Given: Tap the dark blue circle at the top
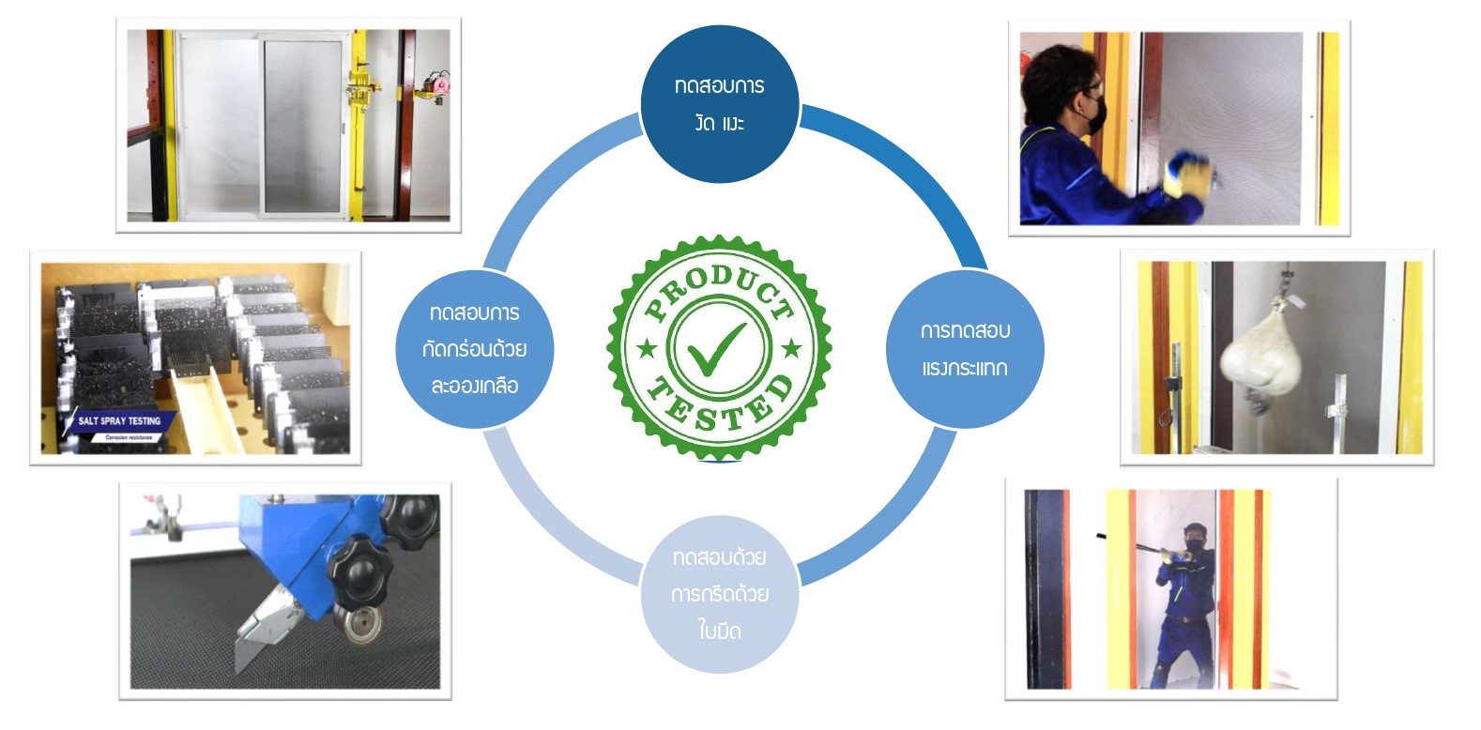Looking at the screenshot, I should pyautogui.click(x=720, y=103).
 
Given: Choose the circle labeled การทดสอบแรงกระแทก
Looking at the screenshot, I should pyautogui.click(x=965, y=349).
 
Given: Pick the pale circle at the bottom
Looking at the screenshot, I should pyautogui.click(x=720, y=594).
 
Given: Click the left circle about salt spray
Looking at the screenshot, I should pyautogui.click(x=474, y=349).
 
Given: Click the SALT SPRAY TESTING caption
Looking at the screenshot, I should pyautogui.click(x=119, y=421).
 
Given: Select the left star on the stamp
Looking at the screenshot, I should pyautogui.click(x=647, y=349).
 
